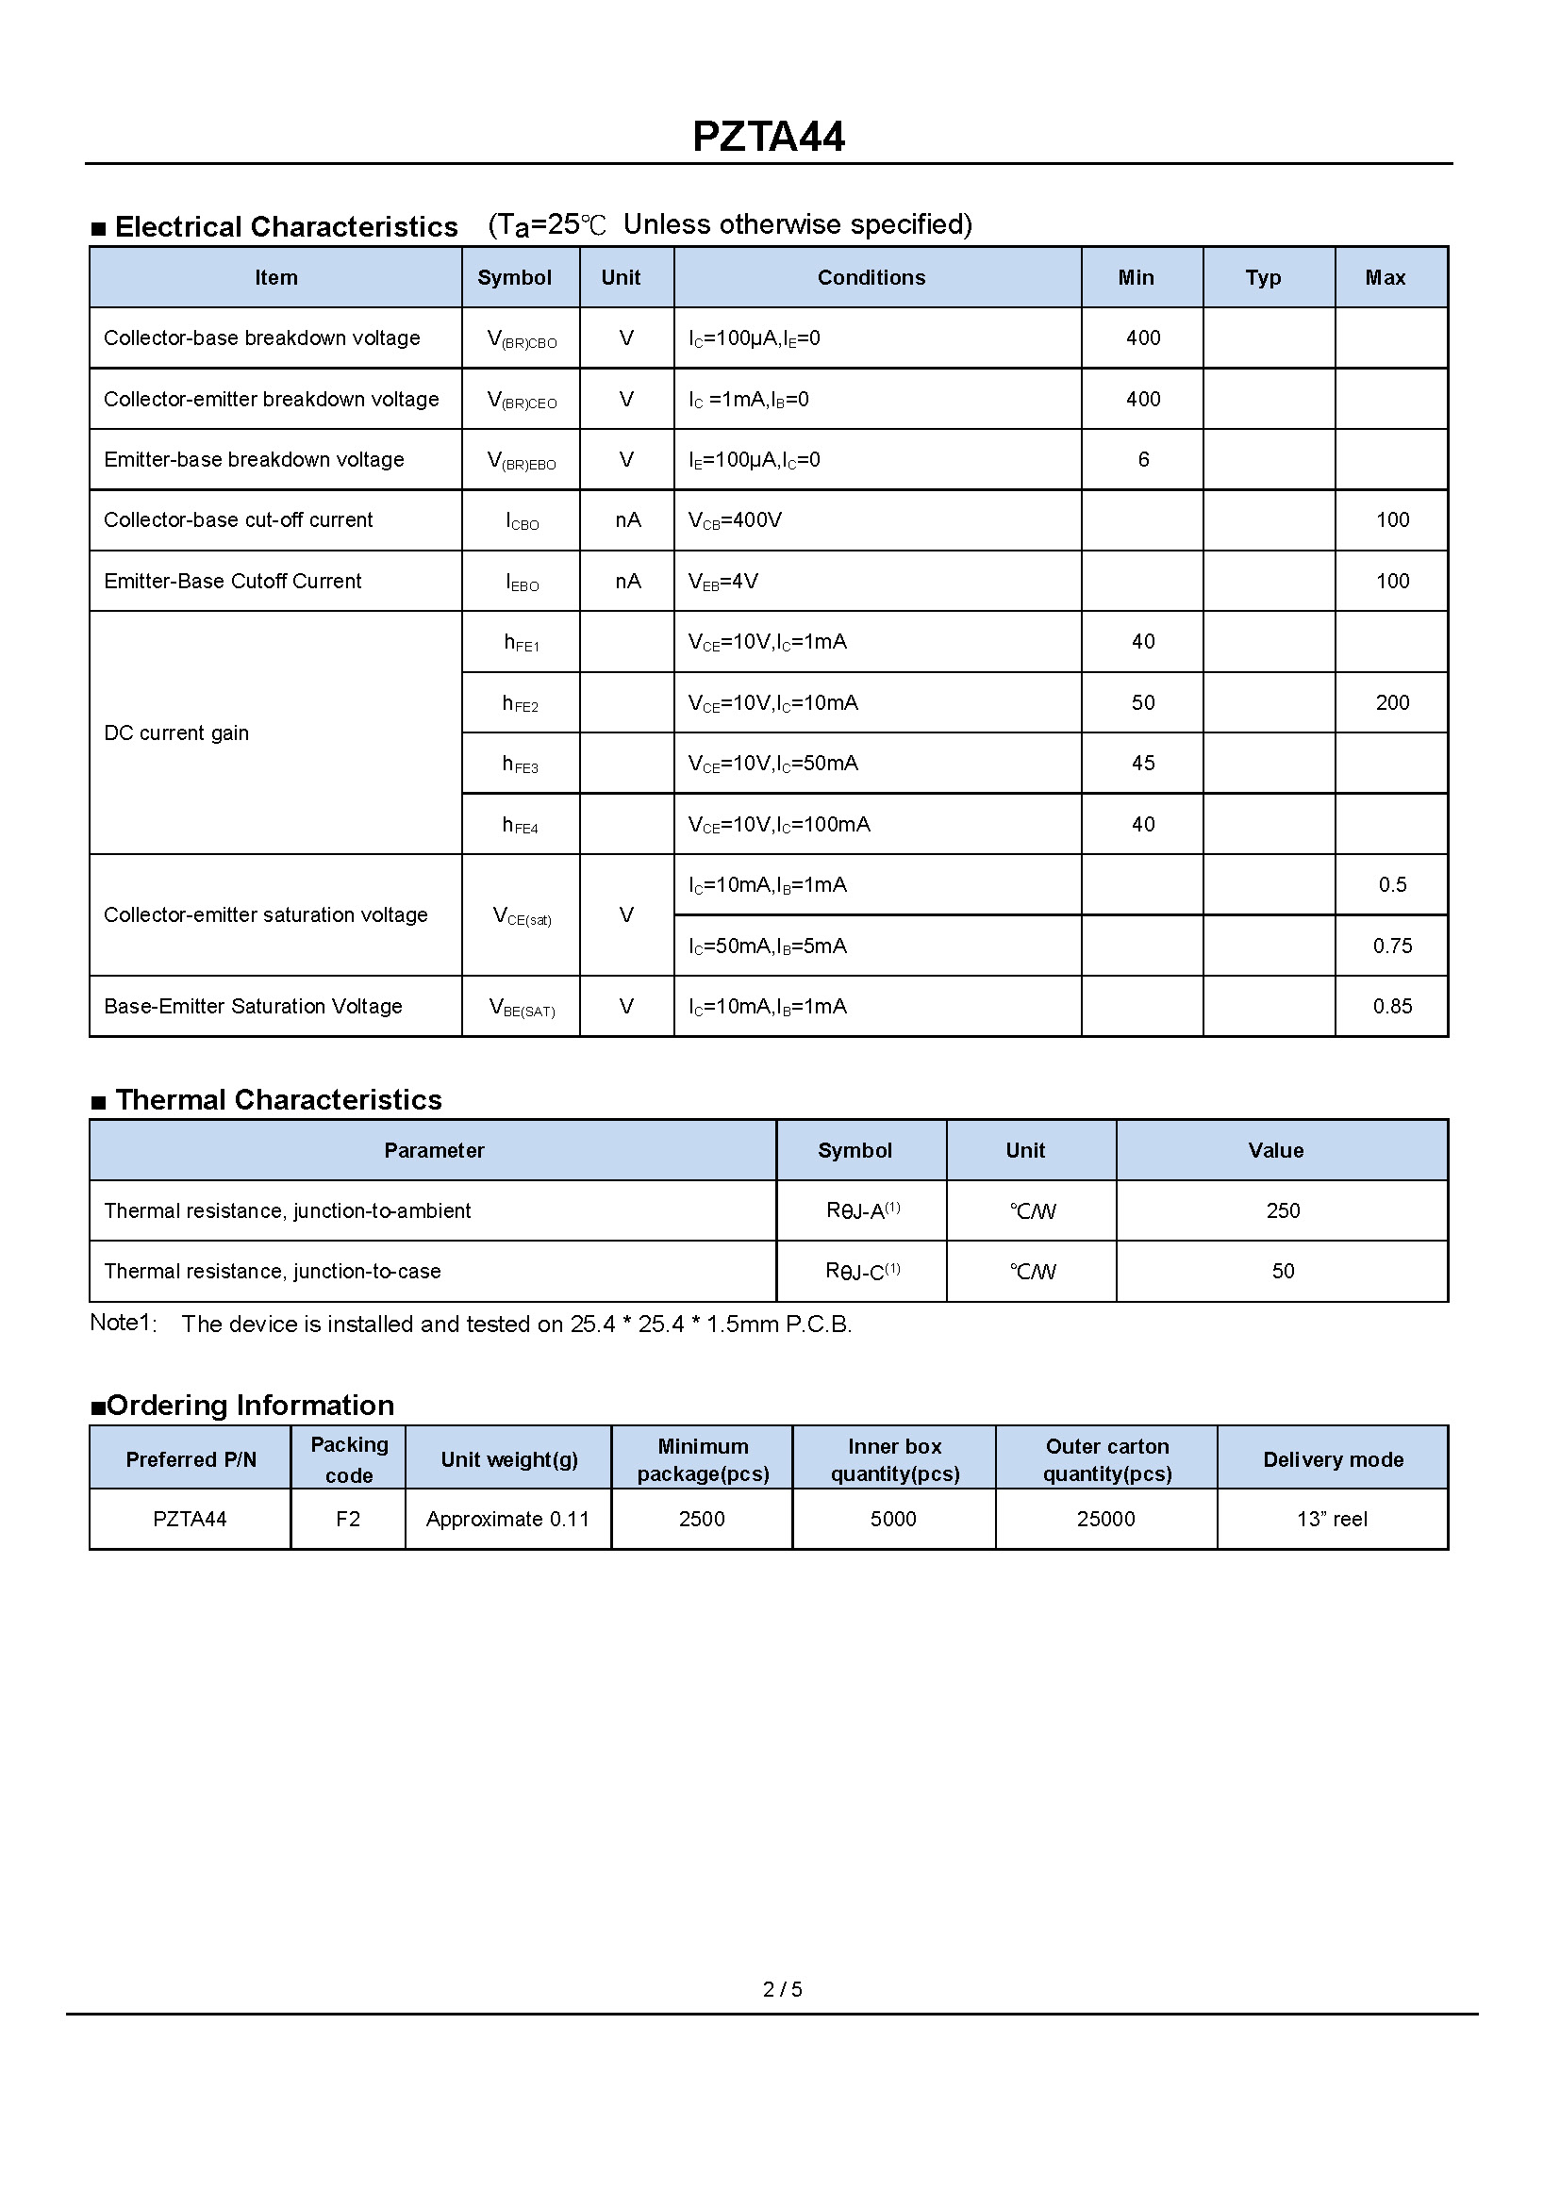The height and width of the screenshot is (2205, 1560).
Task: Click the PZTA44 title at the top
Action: (769, 137)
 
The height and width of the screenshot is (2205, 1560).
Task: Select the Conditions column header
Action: (871, 277)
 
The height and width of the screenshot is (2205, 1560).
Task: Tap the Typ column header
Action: (1263, 277)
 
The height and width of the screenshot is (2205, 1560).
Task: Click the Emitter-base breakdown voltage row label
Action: (254, 460)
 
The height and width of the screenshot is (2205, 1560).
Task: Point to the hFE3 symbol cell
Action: (521, 765)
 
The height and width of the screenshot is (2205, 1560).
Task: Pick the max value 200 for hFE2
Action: (1392, 703)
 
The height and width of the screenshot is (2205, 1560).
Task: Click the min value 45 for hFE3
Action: (1143, 764)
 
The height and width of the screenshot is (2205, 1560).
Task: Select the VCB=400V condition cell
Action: (735, 520)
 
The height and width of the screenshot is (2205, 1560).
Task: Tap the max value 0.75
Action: (1392, 946)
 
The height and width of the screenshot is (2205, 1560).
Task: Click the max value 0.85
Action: (1392, 1007)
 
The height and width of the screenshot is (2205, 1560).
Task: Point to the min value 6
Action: (1143, 460)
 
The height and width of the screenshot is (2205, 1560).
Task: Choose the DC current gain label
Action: (175, 732)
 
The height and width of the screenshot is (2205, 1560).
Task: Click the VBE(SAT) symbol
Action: (522, 1008)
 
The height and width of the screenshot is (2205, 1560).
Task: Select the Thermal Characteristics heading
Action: (277, 1099)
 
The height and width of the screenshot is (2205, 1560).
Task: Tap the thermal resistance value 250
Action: (1283, 1211)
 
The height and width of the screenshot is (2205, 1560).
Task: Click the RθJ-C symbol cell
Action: (863, 1272)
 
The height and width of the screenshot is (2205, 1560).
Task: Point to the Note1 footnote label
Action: (122, 1323)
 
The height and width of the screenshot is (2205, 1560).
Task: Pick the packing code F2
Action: (348, 1520)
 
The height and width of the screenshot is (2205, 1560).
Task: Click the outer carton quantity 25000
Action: (1105, 1520)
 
